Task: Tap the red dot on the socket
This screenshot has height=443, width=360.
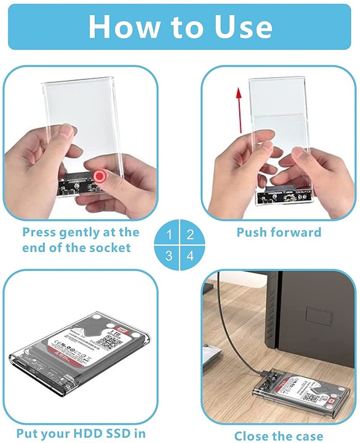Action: tap(99, 176)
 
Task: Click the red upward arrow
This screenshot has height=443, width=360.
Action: tap(239, 111)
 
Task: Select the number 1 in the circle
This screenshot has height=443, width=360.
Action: tap(169, 234)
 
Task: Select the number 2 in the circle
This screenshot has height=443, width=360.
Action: tap(190, 234)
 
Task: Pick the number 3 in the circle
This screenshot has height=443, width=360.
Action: tap(169, 255)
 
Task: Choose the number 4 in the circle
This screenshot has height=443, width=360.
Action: tap(190, 255)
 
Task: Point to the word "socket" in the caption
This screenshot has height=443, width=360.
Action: tap(108, 247)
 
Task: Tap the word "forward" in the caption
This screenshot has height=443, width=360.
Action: tap(298, 232)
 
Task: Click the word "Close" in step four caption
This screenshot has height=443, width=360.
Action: tap(254, 436)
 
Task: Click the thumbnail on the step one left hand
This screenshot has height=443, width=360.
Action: tap(68, 132)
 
